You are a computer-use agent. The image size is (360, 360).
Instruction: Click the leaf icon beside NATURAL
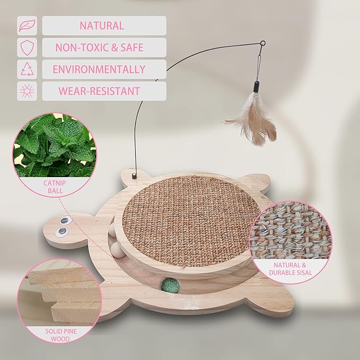tap(27, 25)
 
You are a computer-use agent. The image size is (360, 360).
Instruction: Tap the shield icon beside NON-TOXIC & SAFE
tap(27, 48)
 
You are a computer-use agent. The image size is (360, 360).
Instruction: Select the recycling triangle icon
tap(27, 69)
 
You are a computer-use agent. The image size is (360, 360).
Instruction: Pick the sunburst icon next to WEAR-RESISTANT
tap(27, 91)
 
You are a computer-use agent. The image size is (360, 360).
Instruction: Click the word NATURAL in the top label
tap(102, 25)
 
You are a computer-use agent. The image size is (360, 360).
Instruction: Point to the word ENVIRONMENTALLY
tap(99, 69)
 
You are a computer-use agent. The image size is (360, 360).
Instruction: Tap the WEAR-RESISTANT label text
tap(99, 91)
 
